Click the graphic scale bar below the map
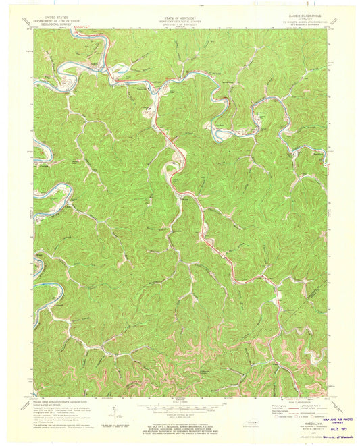(x=179, y=408)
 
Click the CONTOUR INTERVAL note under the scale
(x=179, y=415)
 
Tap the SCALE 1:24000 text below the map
(x=179, y=402)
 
